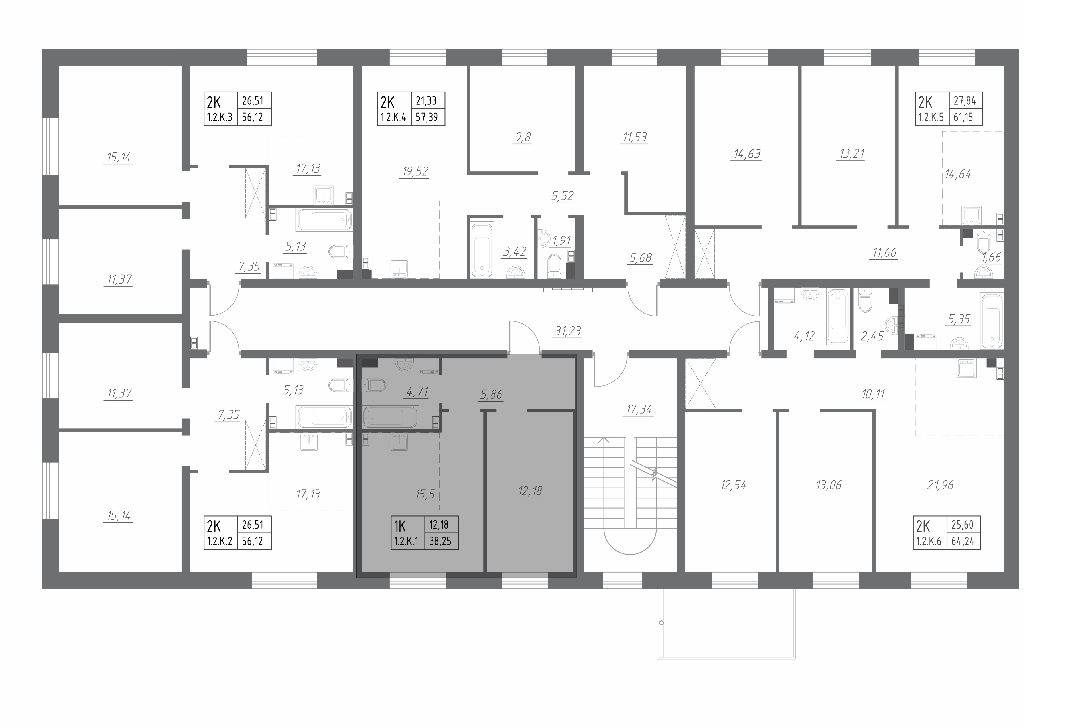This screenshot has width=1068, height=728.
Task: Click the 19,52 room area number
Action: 415,171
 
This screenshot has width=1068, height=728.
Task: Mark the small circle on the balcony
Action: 661,623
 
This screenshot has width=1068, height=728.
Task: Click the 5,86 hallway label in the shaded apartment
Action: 491,394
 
